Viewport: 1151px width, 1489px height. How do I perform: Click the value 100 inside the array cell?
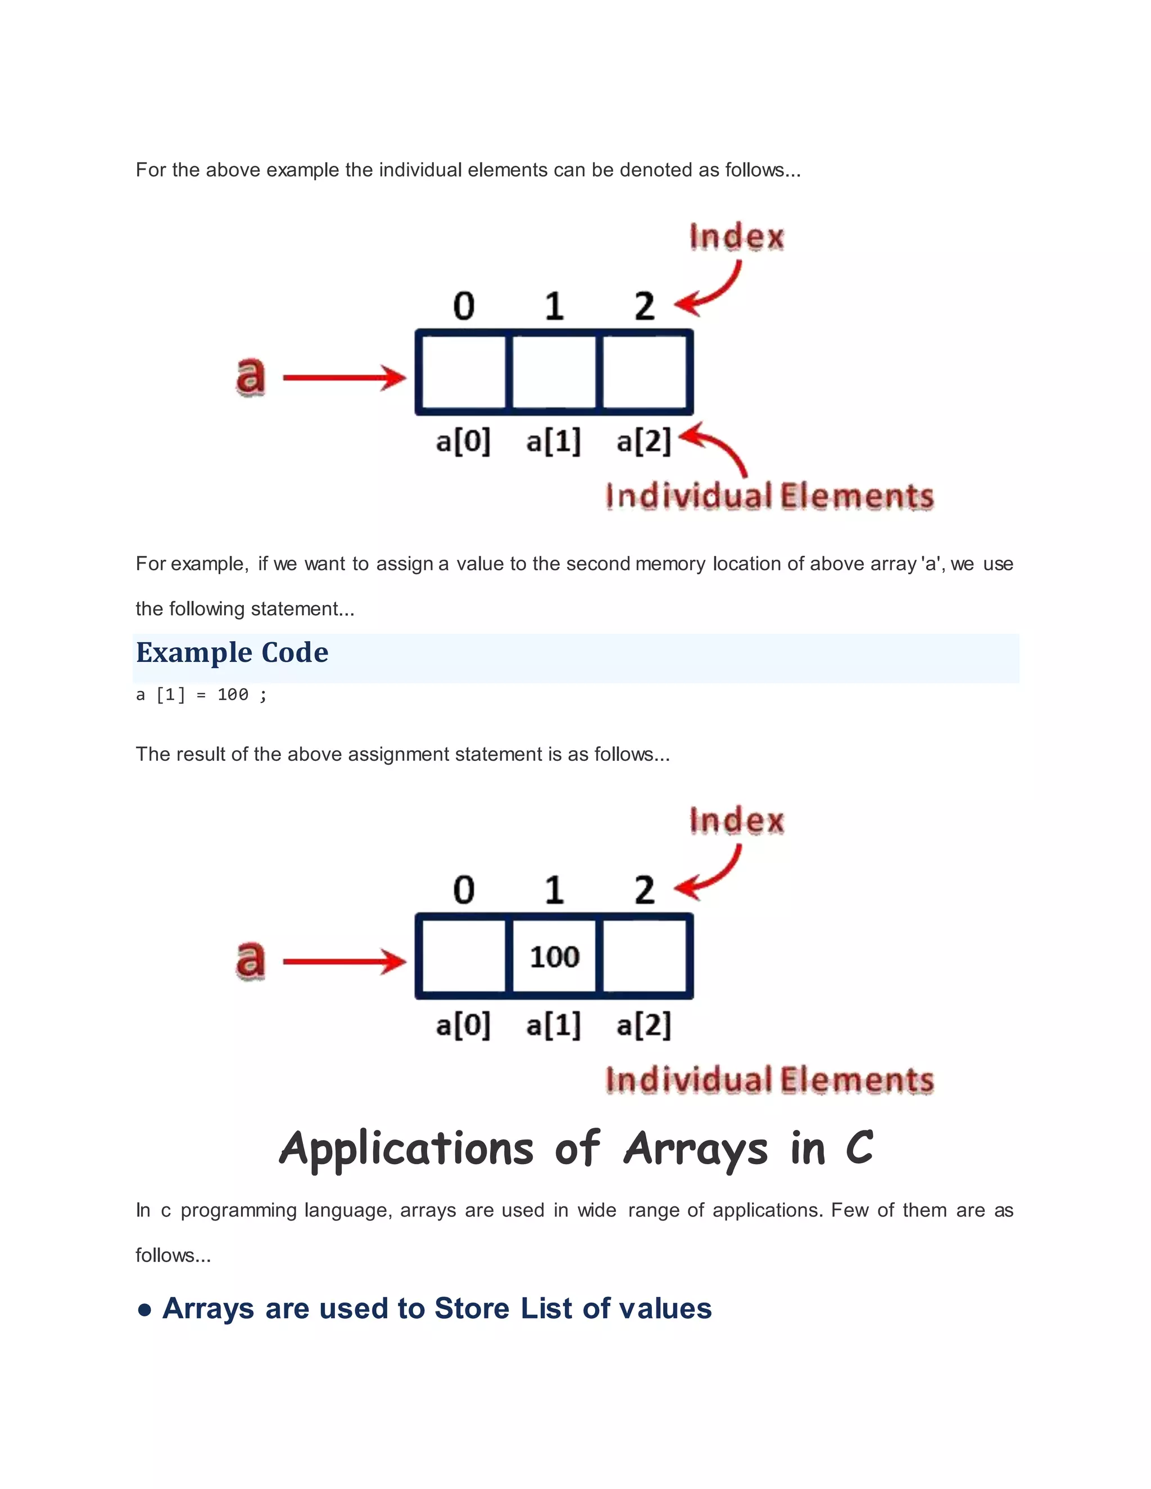554,956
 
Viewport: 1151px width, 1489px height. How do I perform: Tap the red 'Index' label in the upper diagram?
736,237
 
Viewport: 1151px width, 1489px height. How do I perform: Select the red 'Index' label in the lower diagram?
736,821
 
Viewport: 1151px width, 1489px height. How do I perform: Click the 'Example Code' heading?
232,653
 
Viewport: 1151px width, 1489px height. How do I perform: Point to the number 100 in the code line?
233,694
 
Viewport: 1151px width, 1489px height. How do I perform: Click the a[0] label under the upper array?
463,441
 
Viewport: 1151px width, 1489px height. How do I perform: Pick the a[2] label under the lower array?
644,1025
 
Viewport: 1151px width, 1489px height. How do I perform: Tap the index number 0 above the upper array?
464,306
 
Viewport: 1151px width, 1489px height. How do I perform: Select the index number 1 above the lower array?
554,891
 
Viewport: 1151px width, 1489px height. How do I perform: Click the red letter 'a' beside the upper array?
250,376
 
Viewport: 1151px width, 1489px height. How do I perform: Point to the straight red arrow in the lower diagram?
345,961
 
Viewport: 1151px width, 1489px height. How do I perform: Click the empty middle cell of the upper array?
554,372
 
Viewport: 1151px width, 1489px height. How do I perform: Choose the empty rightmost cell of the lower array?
645,956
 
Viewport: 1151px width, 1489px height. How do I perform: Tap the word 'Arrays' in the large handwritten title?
696,1150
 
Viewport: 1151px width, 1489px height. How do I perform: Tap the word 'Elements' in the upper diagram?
857,496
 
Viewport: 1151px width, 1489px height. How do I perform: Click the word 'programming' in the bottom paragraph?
239,1210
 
